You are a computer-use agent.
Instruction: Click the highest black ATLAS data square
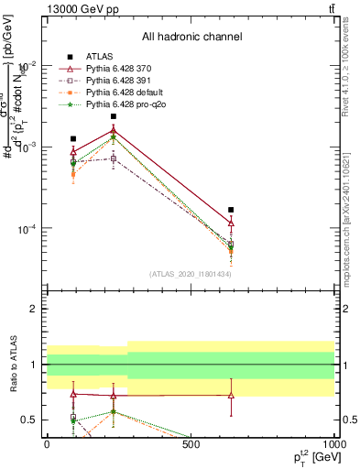coord(114,116)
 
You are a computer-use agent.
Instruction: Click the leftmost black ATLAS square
coord(73,139)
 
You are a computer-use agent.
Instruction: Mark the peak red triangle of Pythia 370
coord(114,130)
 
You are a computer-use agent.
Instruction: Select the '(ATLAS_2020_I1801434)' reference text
coord(191,274)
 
